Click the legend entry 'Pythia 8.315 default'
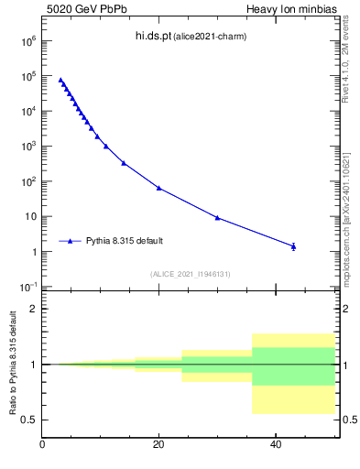pos(125,241)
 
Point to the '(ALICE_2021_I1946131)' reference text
pos(189,274)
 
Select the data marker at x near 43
pos(293,246)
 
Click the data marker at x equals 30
pos(217,217)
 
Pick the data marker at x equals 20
pos(159,188)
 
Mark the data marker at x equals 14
pos(124,163)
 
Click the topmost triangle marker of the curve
pos(60,80)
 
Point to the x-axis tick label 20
pos(158,445)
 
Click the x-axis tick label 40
pos(275,445)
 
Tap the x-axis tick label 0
pos(43,445)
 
